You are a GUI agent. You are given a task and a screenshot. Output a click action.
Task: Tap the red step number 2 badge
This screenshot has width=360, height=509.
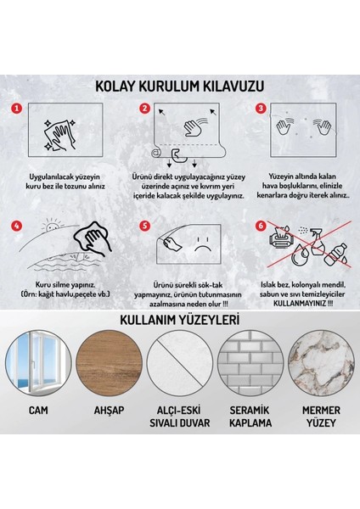(144, 109)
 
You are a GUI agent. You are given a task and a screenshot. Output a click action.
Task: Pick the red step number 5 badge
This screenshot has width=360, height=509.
(144, 227)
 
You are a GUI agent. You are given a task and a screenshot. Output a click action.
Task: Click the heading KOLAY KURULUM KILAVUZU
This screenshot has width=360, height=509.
(180, 86)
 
